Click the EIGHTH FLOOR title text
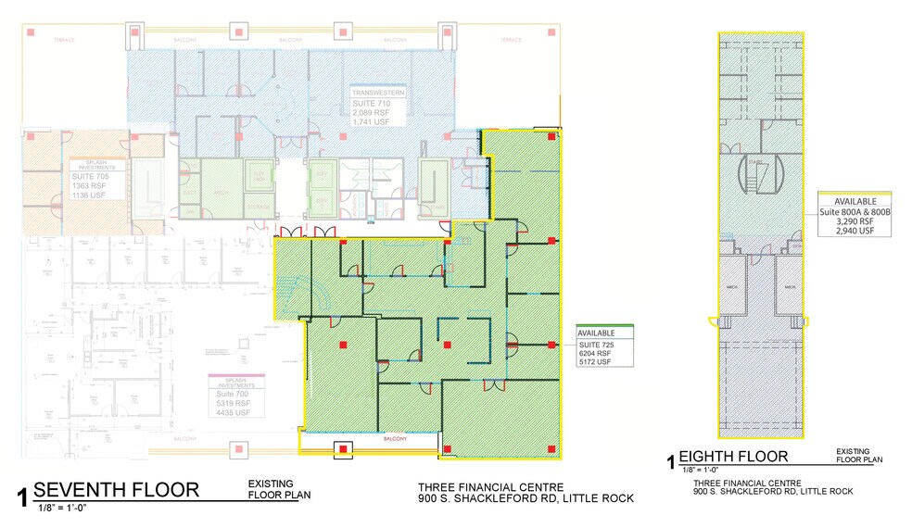[734, 456]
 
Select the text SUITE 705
[91, 174]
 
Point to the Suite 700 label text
[222, 395]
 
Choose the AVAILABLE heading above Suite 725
[596, 333]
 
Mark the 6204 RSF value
[595, 353]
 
